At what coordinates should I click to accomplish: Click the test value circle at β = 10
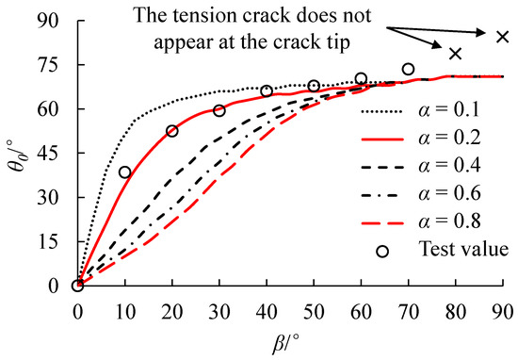tap(124, 172)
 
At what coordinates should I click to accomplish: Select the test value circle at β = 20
tap(171, 131)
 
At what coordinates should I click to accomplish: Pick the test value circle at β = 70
tap(408, 69)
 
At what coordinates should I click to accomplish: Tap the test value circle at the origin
tap(77, 286)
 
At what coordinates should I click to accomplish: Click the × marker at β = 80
tap(456, 53)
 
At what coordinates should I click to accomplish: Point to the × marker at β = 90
tap(502, 37)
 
